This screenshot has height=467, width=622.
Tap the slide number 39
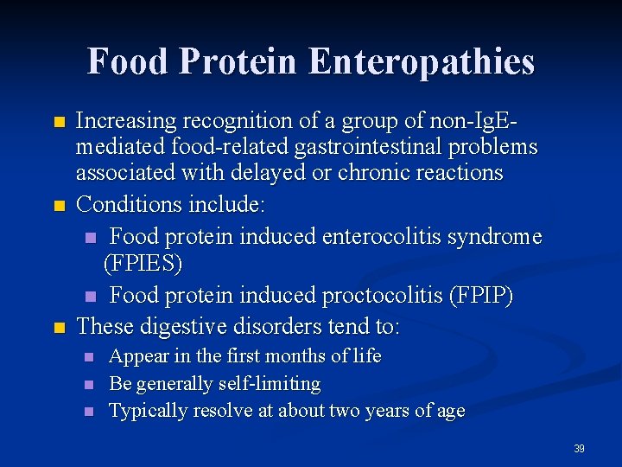point(579,449)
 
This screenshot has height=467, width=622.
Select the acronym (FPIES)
point(143,262)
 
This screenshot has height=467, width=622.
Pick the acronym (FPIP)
point(480,296)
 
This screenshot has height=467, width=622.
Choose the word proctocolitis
point(382,296)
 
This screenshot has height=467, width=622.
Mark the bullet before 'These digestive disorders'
point(59,328)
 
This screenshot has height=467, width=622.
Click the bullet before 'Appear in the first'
point(88,357)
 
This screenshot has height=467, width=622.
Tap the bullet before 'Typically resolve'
point(88,412)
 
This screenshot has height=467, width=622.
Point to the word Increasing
point(124,121)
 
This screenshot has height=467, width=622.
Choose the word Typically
point(148,411)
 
